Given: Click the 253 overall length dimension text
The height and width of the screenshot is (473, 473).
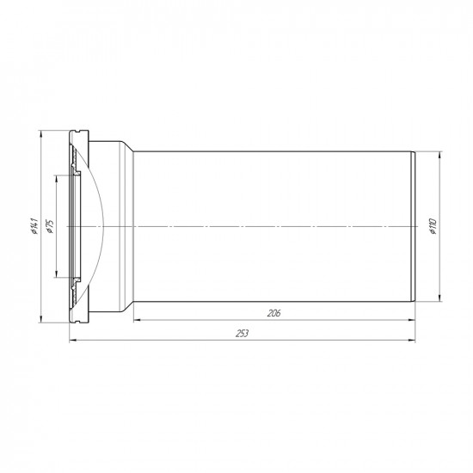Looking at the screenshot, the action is pos(242,334).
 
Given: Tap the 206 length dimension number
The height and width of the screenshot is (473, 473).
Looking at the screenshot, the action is pos(273,313).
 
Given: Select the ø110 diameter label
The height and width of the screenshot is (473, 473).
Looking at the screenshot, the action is pos(433,226).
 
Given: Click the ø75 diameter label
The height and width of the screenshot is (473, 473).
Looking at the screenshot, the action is pos(50,226).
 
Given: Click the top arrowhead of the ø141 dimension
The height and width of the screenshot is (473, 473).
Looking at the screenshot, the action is pos(40,134).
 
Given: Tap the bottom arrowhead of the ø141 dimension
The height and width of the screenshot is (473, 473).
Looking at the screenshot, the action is pos(40,319).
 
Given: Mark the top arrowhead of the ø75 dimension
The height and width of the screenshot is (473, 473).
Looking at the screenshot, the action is pos(57,179).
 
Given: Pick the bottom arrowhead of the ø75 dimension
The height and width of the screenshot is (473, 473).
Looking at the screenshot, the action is pos(57,273).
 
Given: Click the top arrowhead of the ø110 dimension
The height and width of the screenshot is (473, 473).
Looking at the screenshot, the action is pos(439,155).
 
